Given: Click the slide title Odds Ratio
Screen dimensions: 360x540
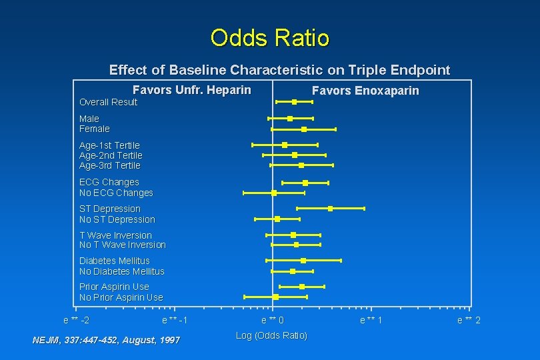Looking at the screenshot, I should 269,38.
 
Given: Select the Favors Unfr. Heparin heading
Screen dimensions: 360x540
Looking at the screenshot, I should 192,90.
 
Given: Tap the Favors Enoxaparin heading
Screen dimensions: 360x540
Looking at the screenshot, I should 365,91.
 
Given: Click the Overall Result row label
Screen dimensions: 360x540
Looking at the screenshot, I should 108,102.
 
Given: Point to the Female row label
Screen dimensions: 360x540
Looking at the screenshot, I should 95,129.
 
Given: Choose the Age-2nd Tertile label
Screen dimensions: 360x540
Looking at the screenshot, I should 111,155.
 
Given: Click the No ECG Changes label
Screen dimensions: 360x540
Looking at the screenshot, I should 116,193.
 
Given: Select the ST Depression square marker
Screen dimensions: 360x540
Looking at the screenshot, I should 330,209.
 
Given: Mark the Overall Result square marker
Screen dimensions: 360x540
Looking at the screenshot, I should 294,102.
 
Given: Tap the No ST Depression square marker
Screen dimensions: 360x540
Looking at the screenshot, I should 277,219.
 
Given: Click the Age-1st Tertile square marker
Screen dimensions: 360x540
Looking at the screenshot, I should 285,145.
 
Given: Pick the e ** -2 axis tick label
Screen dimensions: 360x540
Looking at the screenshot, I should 76,320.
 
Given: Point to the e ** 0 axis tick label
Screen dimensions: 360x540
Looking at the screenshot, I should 273,320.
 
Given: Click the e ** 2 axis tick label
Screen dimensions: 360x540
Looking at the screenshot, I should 469,321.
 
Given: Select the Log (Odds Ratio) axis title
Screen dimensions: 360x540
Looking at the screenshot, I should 271,335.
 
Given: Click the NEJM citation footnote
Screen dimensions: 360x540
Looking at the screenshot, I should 106,340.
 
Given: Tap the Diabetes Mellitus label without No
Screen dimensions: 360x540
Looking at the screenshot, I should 115,261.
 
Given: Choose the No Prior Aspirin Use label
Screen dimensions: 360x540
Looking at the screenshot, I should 121,297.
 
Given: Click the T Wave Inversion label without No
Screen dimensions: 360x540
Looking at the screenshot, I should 115,235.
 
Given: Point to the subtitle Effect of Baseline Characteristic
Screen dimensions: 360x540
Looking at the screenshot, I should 279,70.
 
